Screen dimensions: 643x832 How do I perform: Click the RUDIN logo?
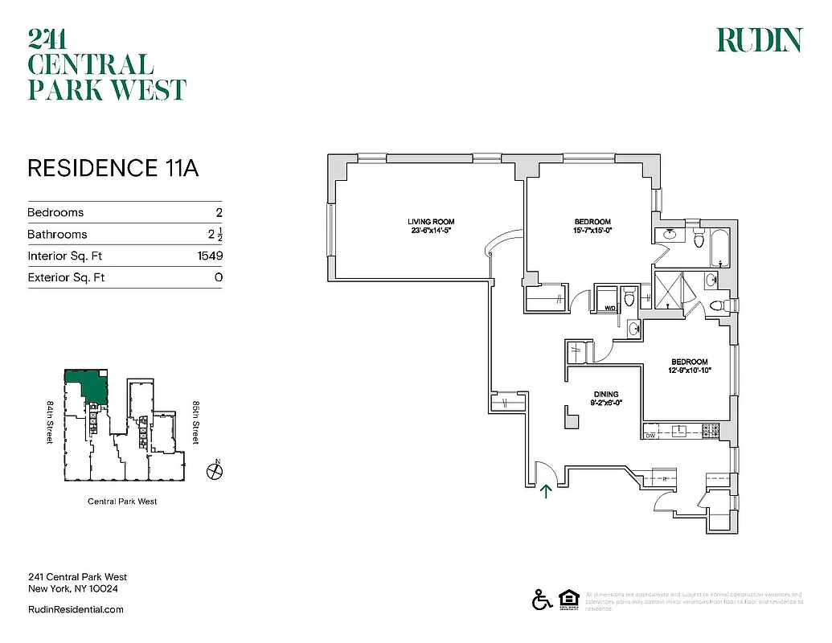click(759, 40)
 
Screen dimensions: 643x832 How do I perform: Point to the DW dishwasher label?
click(650, 436)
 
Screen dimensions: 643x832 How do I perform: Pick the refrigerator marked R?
click(665, 478)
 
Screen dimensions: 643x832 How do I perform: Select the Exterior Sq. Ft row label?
click(66, 277)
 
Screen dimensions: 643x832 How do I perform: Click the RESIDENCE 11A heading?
click(113, 168)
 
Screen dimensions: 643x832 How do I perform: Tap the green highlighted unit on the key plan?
click(91, 387)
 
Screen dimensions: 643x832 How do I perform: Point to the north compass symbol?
click(214, 471)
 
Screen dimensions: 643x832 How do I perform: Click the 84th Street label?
click(51, 424)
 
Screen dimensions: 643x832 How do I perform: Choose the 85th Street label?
click(195, 424)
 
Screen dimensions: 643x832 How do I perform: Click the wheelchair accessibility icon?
click(541, 600)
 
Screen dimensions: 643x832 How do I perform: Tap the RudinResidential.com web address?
click(76, 609)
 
